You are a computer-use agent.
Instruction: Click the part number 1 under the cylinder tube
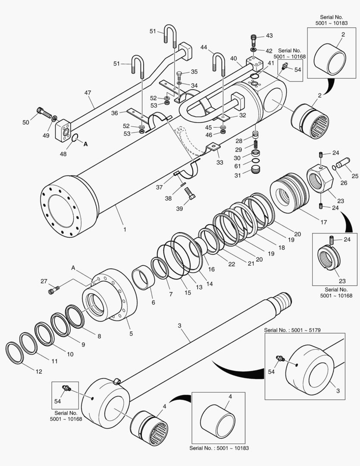[x=125, y=230]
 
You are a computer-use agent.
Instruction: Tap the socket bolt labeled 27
[x=52, y=291]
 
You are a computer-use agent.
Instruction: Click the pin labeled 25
[x=344, y=164]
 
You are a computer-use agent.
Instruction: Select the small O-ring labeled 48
[x=74, y=139]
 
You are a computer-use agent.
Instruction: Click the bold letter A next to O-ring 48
[x=85, y=145]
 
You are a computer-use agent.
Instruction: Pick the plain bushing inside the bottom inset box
[x=218, y=420]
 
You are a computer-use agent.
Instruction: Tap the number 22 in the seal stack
[x=232, y=264]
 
